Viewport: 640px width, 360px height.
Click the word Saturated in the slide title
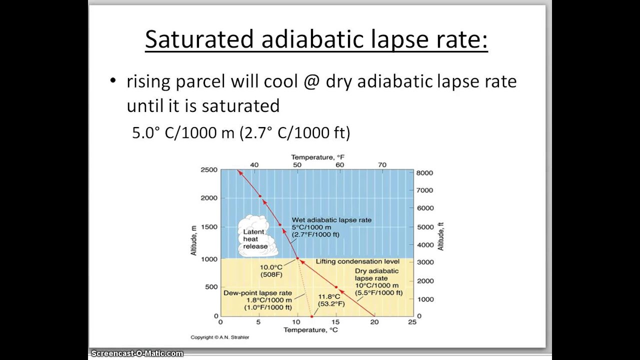coord(199,39)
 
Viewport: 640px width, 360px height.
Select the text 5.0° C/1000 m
coord(183,132)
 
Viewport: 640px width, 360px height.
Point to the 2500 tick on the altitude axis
coord(209,170)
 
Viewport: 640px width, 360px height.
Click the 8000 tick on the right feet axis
coord(424,172)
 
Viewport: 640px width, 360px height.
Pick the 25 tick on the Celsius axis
coord(411,322)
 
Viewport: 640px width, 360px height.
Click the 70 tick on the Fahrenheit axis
coord(382,164)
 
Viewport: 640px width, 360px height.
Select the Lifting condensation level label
coord(357,261)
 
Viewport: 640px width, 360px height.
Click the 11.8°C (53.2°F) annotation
coord(331,300)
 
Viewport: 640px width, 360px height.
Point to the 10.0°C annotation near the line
coord(271,270)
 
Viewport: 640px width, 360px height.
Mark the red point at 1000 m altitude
coord(297,258)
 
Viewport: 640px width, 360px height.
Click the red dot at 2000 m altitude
coord(260,196)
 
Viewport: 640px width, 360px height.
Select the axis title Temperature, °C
coord(310,330)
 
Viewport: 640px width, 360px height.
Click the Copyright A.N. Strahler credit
coord(219,337)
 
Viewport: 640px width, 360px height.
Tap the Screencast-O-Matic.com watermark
coord(137,353)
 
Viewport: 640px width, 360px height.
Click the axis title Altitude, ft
coord(440,236)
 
